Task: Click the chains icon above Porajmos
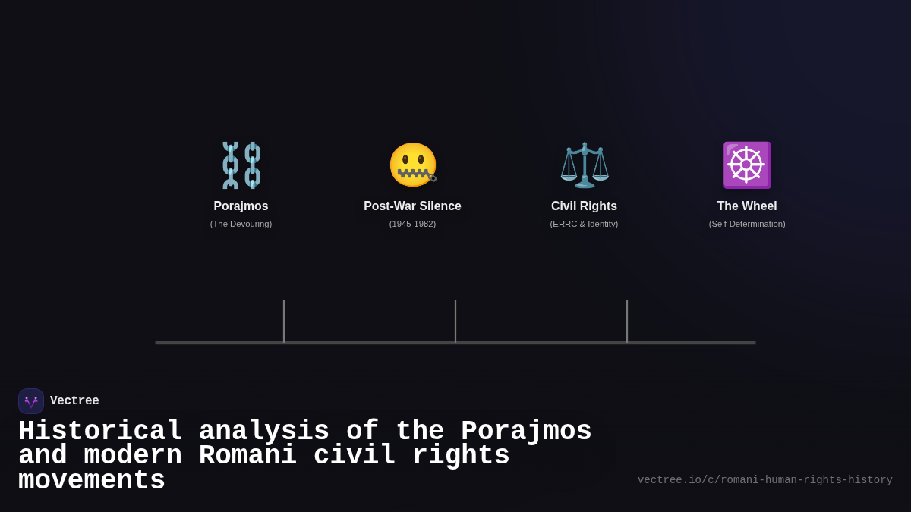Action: coord(241,165)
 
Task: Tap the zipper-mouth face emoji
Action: coord(412,165)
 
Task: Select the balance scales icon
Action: coord(584,165)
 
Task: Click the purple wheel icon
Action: coord(746,165)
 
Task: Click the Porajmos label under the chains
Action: coord(241,206)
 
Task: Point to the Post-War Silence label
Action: coord(412,206)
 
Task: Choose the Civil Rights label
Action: coord(584,206)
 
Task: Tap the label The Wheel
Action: coord(747,206)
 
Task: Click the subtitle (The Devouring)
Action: coord(241,224)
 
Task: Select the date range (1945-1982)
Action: coord(412,224)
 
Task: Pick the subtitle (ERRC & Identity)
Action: coord(584,224)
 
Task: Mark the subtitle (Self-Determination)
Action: coord(747,224)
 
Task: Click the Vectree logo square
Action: coord(31,401)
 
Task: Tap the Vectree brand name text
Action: coord(74,401)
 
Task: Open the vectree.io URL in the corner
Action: coord(764,480)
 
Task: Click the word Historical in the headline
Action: coord(100,432)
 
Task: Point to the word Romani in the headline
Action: coord(247,456)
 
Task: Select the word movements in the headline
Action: coord(92,481)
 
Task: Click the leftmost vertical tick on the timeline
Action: coord(284,321)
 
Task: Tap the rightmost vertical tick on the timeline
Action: coord(627,321)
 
